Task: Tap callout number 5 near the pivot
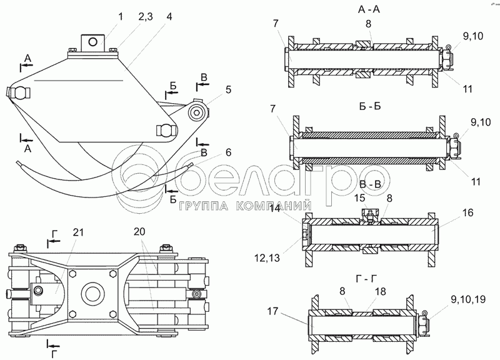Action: [x=229, y=89]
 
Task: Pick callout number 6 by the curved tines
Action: [x=229, y=152]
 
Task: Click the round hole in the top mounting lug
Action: [x=93, y=41]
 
